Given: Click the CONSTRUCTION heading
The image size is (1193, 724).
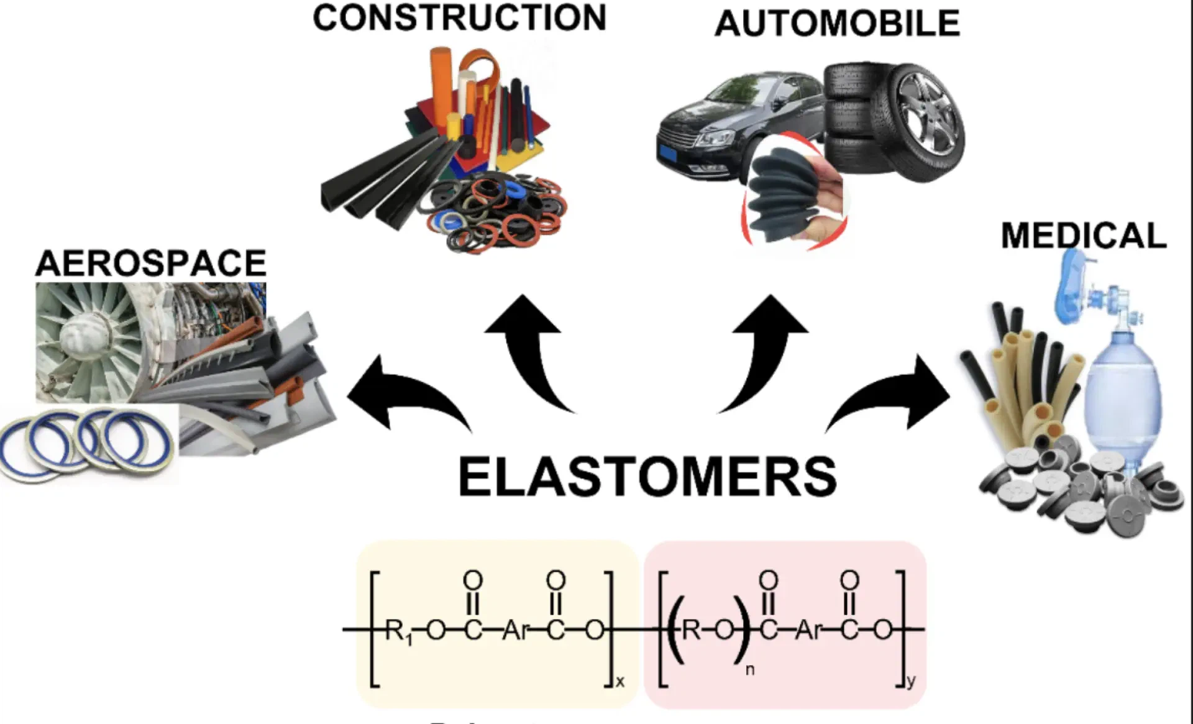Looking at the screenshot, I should click(459, 18).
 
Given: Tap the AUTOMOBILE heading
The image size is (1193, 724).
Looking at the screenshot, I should click(837, 24).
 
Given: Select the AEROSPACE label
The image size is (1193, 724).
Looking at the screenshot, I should click(151, 263).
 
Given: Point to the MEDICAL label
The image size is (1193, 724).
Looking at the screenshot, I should click(1084, 236).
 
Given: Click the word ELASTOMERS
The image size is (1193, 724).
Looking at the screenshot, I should click(647, 476).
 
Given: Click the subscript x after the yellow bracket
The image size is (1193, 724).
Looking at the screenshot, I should click(619, 682).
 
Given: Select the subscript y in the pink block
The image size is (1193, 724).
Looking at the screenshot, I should click(911, 681).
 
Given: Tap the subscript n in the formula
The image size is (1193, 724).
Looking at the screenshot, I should click(749, 670).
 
